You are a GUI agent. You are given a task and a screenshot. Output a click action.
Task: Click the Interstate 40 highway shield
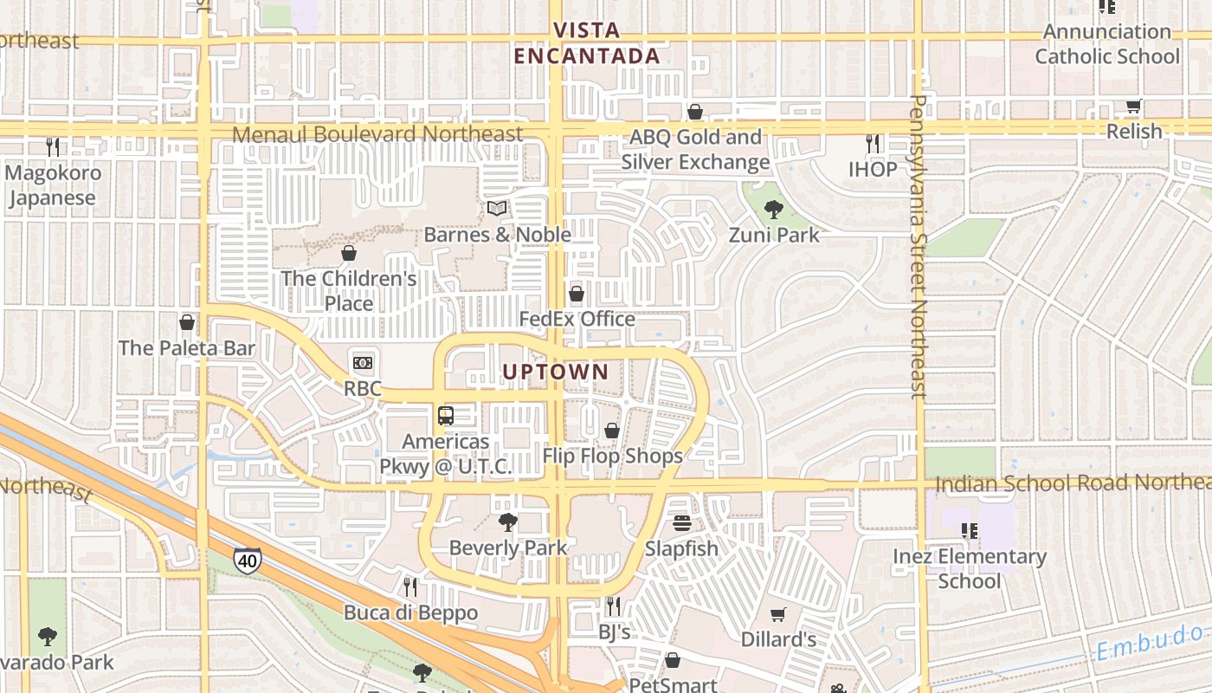tap(248, 560)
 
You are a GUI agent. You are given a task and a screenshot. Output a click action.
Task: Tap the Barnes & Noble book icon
tap(497, 208)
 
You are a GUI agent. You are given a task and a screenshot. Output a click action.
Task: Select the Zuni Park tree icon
tap(774, 208)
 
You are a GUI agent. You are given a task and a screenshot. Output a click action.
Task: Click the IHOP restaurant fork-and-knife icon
tap(873, 143)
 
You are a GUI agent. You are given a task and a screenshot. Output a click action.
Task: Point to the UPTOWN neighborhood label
tap(556, 372)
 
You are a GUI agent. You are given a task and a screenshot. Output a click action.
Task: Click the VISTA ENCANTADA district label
tap(587, 43)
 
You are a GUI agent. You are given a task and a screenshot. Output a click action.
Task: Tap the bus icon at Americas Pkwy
tap(446, 416)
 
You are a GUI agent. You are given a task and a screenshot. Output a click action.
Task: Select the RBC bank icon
tap(363, 362)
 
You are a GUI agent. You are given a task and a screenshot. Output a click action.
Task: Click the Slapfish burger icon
tap(682, 522)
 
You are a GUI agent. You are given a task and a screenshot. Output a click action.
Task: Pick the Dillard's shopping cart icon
tap(778, 614)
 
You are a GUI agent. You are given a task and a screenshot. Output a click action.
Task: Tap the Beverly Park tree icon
tap(508, 521)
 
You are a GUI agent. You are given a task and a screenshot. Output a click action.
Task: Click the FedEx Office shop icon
tap(577, 294)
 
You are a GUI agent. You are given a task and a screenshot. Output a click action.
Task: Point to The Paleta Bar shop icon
tap(187, 322)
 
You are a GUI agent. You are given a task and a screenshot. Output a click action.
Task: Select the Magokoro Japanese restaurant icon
tap(53, 146)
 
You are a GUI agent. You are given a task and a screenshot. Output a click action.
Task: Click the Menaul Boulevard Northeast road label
tap(378, 134)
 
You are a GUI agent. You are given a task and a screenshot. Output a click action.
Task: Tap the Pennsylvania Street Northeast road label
tap(919, 247)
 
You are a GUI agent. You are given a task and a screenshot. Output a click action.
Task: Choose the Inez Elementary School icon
tap(969, 530)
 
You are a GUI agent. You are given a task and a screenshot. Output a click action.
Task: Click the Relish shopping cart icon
tap(1133, 107)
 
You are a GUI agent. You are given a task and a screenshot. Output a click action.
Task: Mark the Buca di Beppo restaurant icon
tap(410, 586)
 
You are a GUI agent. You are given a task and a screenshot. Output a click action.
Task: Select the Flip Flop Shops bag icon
tap(612, 431)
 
